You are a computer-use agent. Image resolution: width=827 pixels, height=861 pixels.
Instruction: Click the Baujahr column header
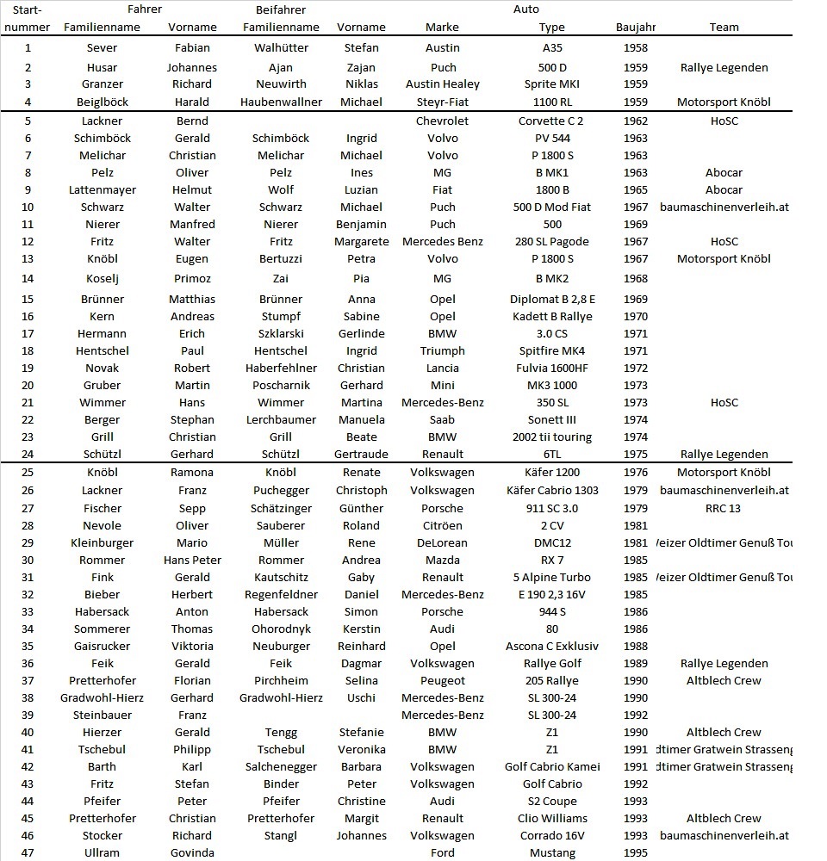(x=636, y=27)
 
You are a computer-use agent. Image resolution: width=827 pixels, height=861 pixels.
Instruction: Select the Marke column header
(x=442, y=27)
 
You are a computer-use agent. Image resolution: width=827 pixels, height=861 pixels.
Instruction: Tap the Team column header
(x=724, y=27)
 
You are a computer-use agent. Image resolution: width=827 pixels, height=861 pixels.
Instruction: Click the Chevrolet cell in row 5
(x=442, y=121)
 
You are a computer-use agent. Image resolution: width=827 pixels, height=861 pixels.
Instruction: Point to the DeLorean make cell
(x=442, y=542)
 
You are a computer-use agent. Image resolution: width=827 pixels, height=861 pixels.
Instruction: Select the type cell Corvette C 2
(x=550, y=121)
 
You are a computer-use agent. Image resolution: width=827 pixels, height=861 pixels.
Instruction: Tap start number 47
(x=28, y=852)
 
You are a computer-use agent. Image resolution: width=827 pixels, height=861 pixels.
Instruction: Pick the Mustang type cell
(x=552, y=852)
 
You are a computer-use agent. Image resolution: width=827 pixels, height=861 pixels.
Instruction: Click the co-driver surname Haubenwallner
(x=281, y=102)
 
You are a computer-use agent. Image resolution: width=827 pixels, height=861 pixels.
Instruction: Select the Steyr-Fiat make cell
(x=442, y=102)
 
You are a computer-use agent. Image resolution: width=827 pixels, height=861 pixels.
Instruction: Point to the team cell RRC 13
(x=724, y=508)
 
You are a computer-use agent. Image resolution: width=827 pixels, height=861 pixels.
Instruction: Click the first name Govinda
(x=192, y=852)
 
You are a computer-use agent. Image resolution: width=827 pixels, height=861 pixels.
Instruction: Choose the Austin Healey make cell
(x=442, y=84)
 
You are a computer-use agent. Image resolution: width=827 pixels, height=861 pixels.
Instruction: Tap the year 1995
(x=635, y=852)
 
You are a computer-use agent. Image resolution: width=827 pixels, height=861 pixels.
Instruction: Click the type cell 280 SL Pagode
(x=552, y=241)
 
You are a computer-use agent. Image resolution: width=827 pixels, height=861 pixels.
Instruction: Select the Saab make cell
(x=442, y=419)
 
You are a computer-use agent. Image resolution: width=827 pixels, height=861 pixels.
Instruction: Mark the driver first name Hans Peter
(x=192, y=560)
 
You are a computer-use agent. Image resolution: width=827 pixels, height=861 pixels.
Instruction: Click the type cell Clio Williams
(x=552, y=818)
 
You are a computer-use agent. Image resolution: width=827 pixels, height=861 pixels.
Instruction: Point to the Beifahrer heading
(x=281, y=9)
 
